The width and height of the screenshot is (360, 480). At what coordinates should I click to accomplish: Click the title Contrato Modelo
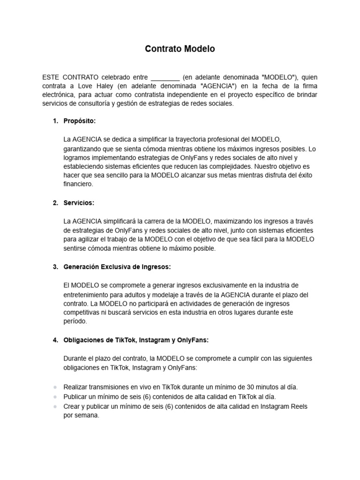click(x=180, y=49)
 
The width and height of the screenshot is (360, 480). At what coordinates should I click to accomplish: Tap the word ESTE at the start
click(x=52, y=77)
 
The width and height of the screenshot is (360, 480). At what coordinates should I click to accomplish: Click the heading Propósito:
click(x=80, y=121)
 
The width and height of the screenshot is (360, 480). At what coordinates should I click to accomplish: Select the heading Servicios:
click(x=79, y=203)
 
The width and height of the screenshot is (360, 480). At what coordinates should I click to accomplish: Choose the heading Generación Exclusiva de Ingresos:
click(x=117, y=267)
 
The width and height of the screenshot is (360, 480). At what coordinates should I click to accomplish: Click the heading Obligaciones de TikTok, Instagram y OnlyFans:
click(x=136, y=340)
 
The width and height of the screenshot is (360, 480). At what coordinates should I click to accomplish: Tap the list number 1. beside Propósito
click(x=55, y=121)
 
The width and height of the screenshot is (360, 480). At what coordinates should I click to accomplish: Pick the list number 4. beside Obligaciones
click(x=55, y=340)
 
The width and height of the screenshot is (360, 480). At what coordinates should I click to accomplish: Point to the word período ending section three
click(x=75, y=322)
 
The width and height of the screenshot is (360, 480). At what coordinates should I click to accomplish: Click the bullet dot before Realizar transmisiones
click(x=55, y=388)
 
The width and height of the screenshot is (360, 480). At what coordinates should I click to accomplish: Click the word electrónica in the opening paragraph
click(x=59, y=95)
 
